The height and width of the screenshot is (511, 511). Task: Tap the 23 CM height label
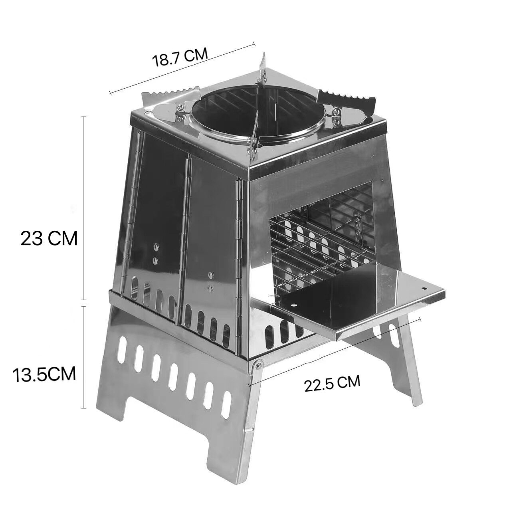49,238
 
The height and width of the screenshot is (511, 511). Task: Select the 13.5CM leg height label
44,374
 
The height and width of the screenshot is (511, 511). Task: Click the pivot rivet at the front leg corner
257,364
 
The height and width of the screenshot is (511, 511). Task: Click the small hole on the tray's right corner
424,288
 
